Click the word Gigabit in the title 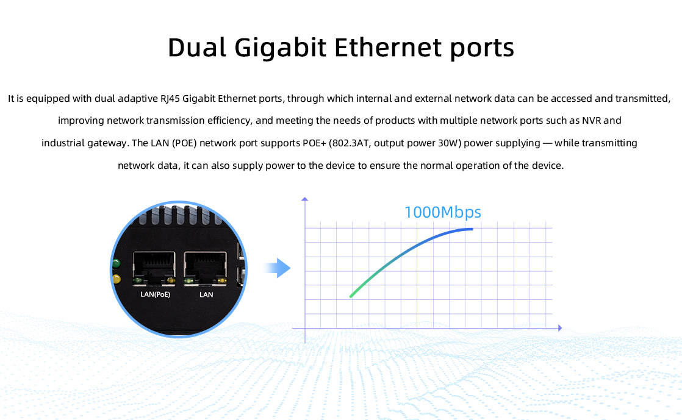(x=280, y=48)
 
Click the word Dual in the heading (x=197, y=47)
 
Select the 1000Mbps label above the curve (x=443, y=213)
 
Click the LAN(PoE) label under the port (x=156, y=295)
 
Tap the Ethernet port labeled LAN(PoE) (x=154, y=269)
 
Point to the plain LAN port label (x=206, y=295)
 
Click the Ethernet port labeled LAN (x=206, y=269)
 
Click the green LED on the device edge (x=116, y=263)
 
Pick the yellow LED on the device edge (x=116, y=279)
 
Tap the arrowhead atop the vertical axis (x=305, y=199)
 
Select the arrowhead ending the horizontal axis (x=560, y=328)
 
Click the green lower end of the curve (x=351, y=297)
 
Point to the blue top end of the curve (x=472, y=229)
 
